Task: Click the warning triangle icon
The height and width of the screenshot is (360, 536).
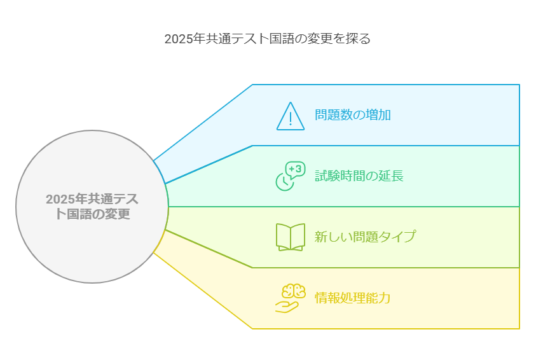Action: click(291, 116)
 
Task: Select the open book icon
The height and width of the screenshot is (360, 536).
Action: click(291, 237)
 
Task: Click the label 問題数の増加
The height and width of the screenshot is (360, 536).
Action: click(353, 115)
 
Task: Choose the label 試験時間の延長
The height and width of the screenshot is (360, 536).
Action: click(359, 176)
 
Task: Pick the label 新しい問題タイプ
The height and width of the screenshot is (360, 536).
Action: click(366, 237)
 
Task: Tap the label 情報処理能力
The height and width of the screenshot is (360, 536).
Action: click(353, 298)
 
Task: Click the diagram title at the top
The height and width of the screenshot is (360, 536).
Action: click(268, 38)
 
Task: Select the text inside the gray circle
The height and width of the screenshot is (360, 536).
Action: click(92, 207)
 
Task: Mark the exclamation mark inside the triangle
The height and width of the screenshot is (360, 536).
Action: click(291, 118)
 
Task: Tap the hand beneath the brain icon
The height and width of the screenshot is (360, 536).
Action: click(286, 307)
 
